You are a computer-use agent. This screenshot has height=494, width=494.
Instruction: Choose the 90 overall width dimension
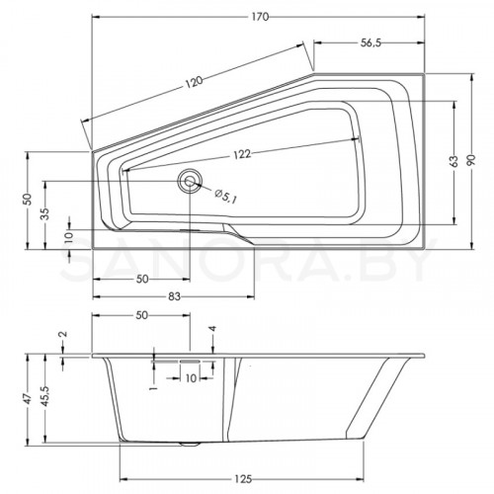click(x=472, y=155)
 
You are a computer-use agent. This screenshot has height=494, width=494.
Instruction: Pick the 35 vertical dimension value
click(x=44, y=211)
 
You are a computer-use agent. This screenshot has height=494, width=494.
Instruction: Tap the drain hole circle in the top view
click(x=189, y=180)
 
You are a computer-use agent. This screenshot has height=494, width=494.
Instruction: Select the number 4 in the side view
click(x=211, y=329)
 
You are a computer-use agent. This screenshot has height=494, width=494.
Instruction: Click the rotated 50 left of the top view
click(x=28, y=200)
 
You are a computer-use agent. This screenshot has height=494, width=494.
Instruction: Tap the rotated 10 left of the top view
click(x=68, y=236)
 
